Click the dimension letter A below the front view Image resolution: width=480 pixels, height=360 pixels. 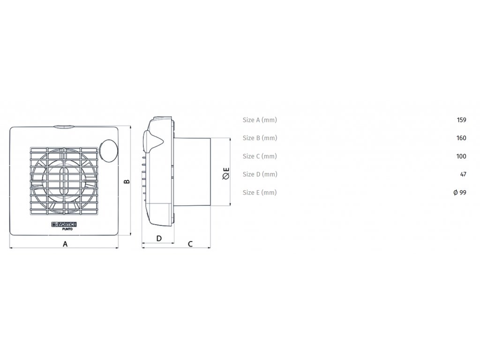click(x=65, y=244)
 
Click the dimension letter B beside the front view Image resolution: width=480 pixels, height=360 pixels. click(x=126, y=181)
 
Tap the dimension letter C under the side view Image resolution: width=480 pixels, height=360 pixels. click(x=190, y=244)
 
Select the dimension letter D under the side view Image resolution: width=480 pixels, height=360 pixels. click(x=159, y=238)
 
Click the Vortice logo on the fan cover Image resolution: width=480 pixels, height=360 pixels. click(x=63, y=225)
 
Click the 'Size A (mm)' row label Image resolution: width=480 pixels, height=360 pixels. click(x=260, y=120)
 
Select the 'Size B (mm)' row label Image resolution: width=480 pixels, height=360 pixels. click(x=260, y=138)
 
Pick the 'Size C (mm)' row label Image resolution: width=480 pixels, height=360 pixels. click(x=260, y=156)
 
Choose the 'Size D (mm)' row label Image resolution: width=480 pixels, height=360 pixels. click(x=260, y=174)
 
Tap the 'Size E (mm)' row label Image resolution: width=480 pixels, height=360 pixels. click(x=260, y=193)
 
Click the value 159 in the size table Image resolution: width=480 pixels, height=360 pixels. click(x=461, y=120)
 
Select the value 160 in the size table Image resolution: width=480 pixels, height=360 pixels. click(x=461, y=138)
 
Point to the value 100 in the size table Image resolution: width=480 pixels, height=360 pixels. click(x=461, y=156)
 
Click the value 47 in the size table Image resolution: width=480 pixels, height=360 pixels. click(x=463, y=174)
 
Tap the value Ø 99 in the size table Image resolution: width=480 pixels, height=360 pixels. click(x=460, y=193)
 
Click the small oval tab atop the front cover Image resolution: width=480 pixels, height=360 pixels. click(x=64, y=126)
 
